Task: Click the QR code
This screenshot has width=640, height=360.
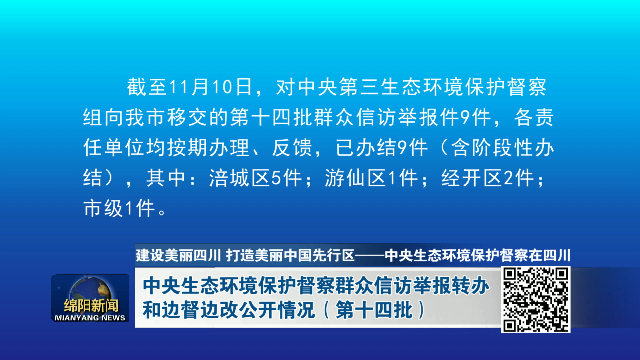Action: (535, 300)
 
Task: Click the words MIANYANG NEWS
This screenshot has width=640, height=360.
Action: (90, 318)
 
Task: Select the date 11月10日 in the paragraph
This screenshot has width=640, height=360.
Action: (211, 87)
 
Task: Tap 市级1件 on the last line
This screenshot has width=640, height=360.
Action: (119, 208)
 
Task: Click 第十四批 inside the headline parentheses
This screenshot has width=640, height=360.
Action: (374, 310)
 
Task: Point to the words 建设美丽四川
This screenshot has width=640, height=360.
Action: (178, 255)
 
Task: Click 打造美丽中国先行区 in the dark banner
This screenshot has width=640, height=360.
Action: (290, 255)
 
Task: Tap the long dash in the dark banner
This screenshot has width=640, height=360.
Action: (370, 256)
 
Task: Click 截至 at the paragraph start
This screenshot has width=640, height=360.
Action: (147, 87)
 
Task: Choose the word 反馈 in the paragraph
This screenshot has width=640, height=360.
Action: (292, 148)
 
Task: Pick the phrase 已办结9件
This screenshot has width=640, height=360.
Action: (382, 148)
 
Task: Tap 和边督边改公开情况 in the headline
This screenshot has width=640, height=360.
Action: (229, 310)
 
